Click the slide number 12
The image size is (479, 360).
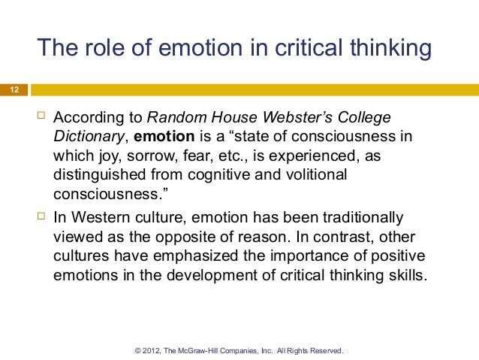click(14, 91)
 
